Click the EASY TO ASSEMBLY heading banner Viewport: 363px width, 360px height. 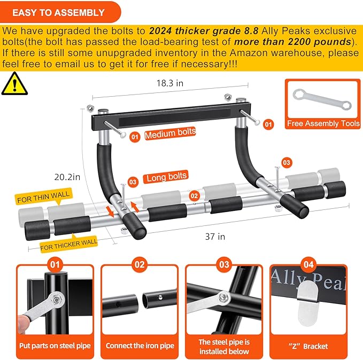tap(59, 12)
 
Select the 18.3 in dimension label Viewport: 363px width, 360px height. tap(170, 83)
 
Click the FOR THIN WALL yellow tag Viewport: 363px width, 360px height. tap(43, 198)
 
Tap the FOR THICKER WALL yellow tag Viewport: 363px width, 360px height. tap(68, 245)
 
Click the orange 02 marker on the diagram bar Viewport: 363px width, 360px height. tap(194, 196)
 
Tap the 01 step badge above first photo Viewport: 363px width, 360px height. tap(55, 264)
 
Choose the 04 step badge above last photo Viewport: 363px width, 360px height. tap(307, 264)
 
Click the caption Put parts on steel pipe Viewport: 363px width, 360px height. tap(55, 346)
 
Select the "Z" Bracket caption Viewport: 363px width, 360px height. tap(307, 346)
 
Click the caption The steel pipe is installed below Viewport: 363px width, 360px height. tap(223, 346)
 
